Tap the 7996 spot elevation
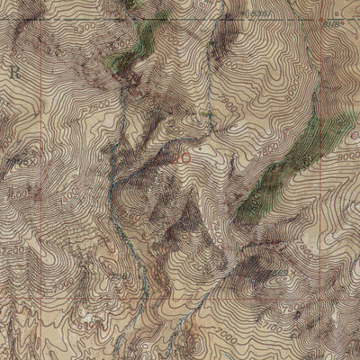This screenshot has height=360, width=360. click(16, 163)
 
